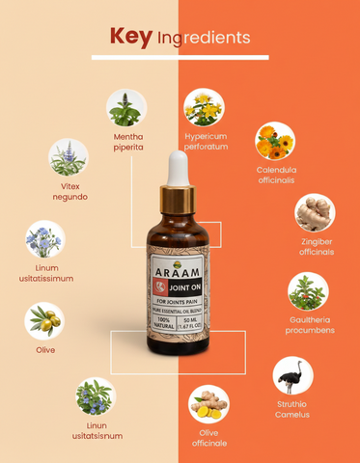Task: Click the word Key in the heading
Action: tap(131, 37)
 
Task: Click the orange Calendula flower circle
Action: tap(274, 141)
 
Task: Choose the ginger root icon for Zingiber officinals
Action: tap(315, 213)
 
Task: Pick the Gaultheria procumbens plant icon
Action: tap(308, 290)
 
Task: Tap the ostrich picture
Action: tap(292, 376)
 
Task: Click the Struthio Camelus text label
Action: tap(291, 409)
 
